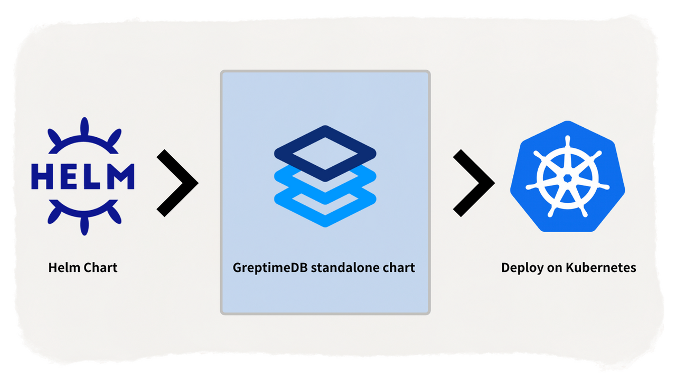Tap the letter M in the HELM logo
pos(121,177)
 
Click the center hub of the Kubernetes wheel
pos(567,177)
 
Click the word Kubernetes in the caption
pos(601,268)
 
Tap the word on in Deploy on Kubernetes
pos(554,268)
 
